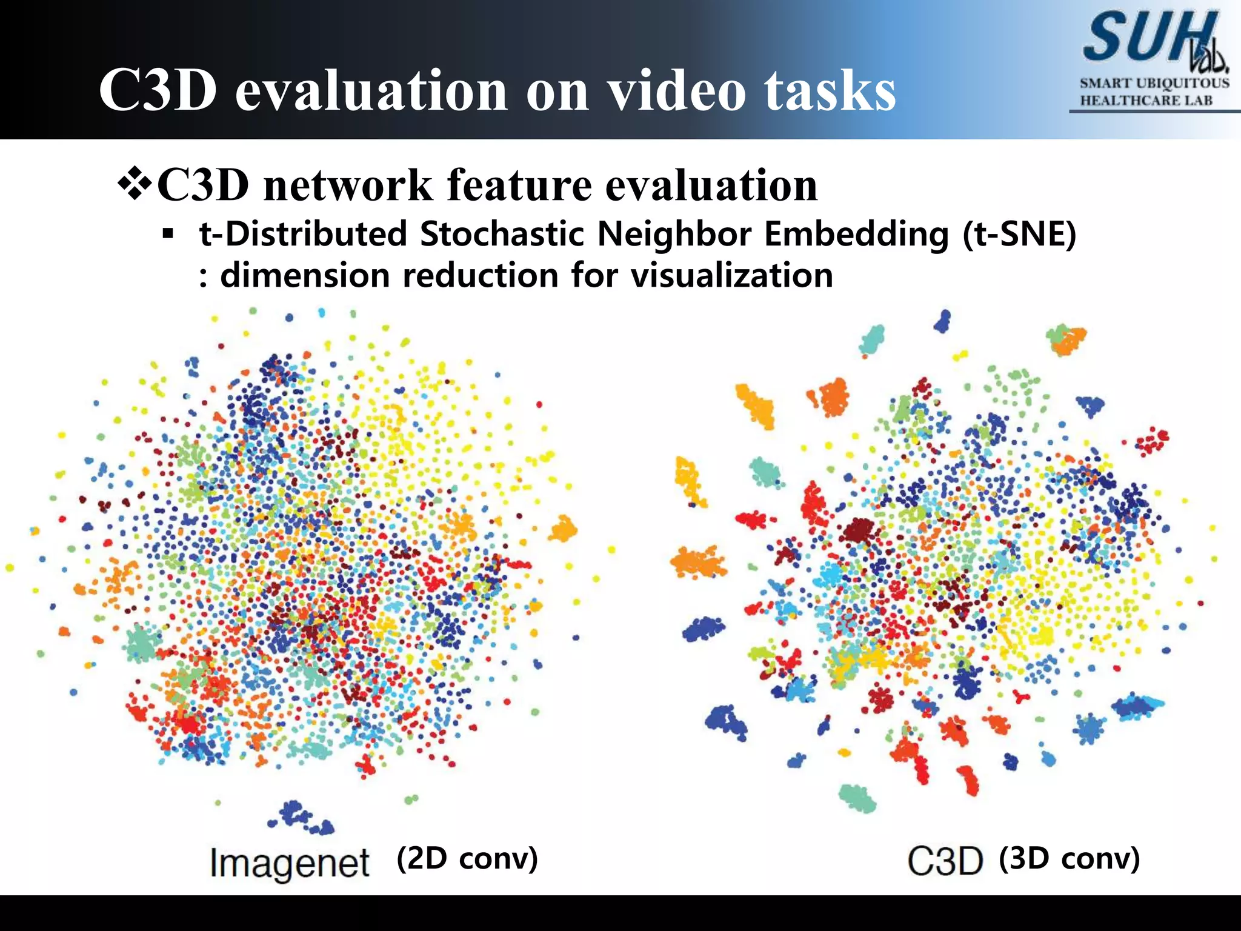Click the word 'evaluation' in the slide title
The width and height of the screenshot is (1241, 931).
coord(371,91)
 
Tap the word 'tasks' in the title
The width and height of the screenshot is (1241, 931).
coord(829,91)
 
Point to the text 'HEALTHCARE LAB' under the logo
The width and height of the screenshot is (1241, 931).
coord(1146,101)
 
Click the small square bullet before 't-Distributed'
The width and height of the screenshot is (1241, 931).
coord(168,233)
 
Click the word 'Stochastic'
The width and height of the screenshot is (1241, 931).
coord(503,235)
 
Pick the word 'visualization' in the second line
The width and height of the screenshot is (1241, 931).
coord(731,276)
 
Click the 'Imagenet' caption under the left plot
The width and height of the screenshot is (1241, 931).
coord(289,863)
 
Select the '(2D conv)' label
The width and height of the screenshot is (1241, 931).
coord(467,858)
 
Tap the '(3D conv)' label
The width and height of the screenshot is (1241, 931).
coord(1069,858)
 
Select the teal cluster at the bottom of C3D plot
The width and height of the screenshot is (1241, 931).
coord(857,798)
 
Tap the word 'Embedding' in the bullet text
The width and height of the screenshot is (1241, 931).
coord(856,235)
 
